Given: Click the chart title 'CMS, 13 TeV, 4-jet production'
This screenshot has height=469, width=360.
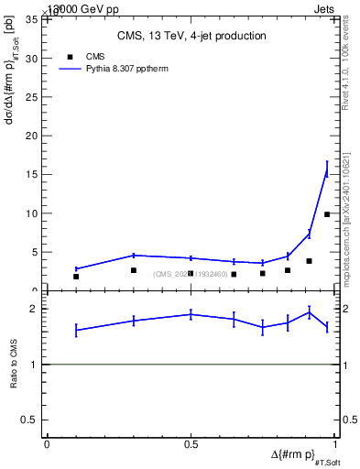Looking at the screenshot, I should (191, 37).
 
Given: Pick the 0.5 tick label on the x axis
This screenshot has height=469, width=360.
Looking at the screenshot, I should (191, 444).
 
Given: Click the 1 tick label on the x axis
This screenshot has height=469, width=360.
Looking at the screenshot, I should (335, 444).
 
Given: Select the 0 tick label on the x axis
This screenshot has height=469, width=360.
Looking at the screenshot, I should (47, 444).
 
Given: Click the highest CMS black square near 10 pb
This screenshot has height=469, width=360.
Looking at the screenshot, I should (327, 214).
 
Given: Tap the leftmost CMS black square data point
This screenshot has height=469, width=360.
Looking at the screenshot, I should (76, 277).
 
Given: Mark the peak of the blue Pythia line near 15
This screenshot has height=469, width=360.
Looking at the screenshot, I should (327, 169).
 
